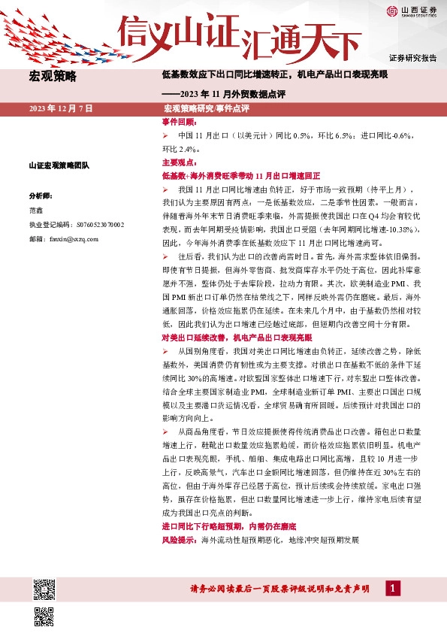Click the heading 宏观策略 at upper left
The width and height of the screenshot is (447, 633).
click(53, 76)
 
